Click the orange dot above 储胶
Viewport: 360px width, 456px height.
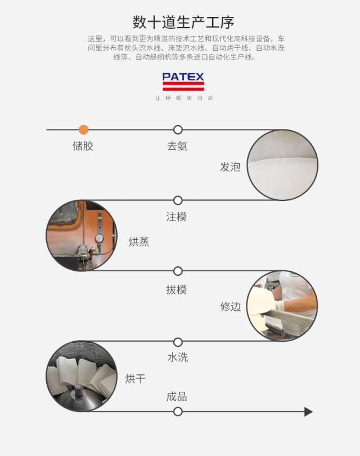point(83,129)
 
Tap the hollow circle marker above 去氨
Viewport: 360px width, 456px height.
point(178,129)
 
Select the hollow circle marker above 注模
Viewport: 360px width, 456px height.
point(178,200)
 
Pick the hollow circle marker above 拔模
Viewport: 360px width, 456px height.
point(178,271)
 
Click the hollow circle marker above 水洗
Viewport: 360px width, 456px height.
point(178,342)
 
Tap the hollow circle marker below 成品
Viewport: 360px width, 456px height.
point(178,412)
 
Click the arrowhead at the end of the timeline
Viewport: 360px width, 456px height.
point(308,412)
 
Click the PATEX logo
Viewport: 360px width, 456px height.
point(183,82)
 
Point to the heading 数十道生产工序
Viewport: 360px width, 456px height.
point(183,22)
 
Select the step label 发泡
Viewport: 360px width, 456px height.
point(230,167)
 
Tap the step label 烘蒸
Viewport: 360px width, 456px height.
point(139,242)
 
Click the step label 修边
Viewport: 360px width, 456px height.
point(231,306)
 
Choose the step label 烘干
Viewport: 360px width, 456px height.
point(135,379)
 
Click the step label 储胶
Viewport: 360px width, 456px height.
point(83,146)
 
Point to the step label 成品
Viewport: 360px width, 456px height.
point(177,397)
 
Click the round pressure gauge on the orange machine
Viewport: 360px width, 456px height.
point(99,239)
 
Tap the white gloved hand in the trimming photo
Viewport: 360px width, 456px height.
point(279,306)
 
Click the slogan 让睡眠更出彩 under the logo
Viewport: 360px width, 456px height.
point(184,98)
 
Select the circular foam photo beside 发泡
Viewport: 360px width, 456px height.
point(282,165)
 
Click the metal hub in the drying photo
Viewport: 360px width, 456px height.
point(78,393)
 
